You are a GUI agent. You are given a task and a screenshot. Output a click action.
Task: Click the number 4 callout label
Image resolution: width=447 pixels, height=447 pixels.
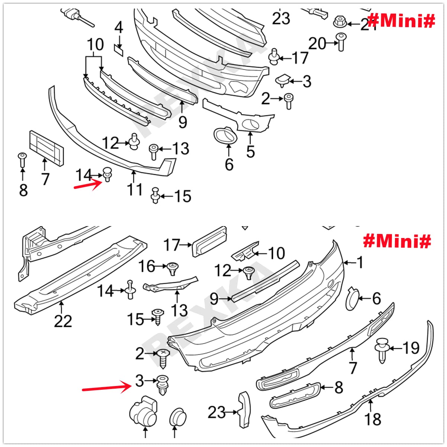[x=118, y=28]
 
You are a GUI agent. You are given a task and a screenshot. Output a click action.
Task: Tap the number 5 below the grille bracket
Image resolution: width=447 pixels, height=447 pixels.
[x=251, y=152]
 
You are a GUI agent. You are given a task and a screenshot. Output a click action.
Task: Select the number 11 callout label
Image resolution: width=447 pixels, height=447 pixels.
[x=135, y=189]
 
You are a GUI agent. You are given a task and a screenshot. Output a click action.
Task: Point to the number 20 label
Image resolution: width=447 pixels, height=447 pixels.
[x=317, y=44]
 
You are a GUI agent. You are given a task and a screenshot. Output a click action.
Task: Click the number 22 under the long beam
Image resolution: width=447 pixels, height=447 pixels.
[x=63, y=321]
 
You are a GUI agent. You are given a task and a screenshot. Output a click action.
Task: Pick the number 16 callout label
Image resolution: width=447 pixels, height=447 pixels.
[x=147, y=266]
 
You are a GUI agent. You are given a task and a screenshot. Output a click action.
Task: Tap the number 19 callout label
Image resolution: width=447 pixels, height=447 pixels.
[x=411, y=348]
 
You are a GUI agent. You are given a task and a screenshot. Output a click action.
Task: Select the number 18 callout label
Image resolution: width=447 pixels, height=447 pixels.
[x=373, y=419]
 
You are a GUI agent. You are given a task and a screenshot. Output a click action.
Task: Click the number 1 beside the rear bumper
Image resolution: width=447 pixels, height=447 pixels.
[x=360, y=263]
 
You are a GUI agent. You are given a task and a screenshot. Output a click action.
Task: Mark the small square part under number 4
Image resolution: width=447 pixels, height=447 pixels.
[x=119, y=49]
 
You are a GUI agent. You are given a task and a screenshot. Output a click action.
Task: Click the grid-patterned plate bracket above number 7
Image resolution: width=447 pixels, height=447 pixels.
[x=46, y=148]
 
